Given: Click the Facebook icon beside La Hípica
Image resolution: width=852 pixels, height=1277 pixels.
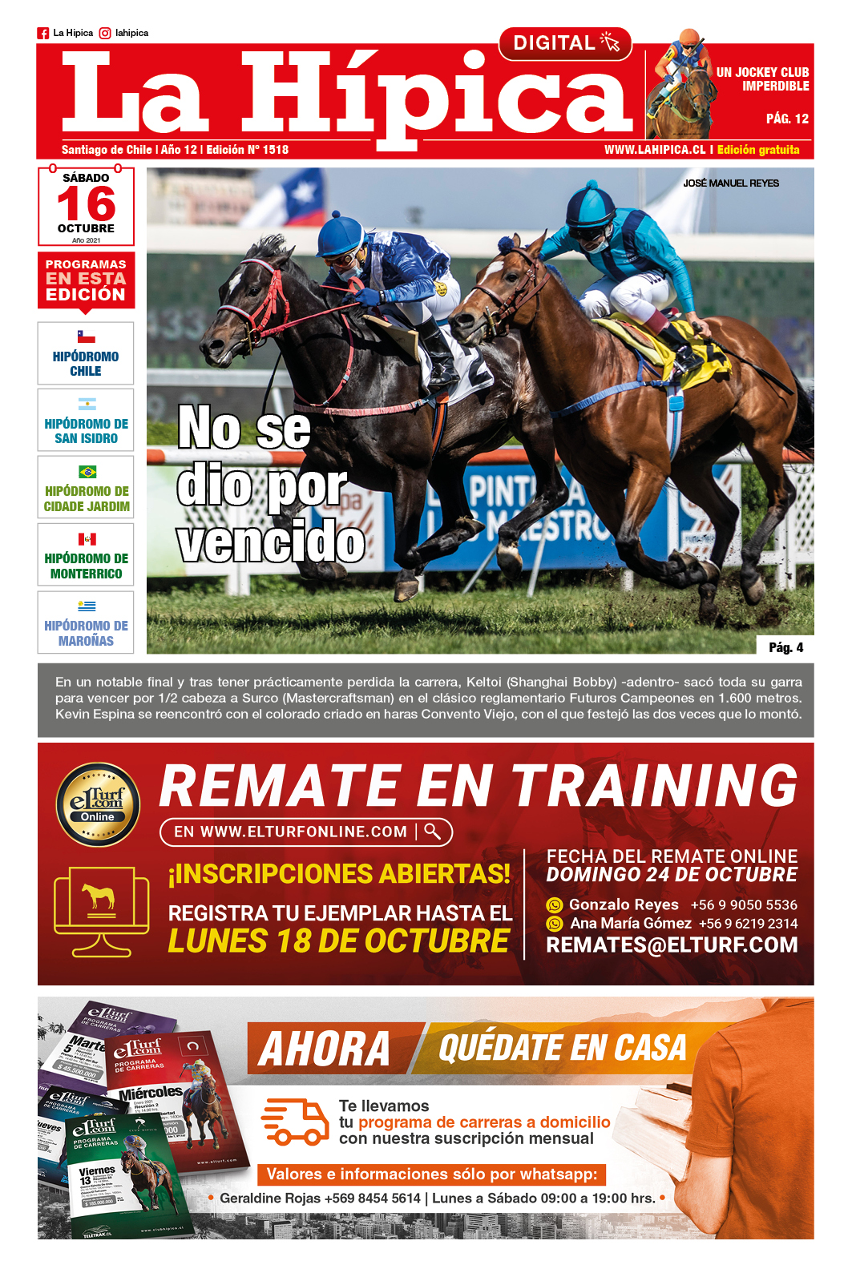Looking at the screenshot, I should coord(43,34).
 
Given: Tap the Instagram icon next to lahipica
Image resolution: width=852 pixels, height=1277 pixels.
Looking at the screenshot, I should coord(105,34).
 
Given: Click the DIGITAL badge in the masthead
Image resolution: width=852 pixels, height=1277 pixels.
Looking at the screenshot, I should coord(565,43).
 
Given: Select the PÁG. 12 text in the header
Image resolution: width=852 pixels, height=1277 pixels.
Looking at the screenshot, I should coord(787,119).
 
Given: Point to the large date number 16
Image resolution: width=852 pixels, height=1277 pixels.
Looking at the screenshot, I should coord(86,204).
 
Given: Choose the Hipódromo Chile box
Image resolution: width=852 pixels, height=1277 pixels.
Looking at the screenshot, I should coord(86,353).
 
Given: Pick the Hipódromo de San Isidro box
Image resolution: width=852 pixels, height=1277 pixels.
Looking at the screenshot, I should coord(86,421).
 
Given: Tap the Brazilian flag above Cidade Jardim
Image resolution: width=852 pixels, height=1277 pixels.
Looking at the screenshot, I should coord(87,472).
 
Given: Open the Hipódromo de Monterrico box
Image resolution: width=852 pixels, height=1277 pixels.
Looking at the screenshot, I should coord(86,555).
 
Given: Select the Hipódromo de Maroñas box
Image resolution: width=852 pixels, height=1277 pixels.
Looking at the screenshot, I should coord(86,622).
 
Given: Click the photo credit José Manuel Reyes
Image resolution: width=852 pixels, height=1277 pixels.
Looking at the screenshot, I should coord(730,183).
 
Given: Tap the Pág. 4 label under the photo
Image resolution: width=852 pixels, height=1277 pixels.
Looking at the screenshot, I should coord(785,647).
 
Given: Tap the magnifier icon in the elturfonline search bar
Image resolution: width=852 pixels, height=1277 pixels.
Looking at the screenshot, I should coord(433,832).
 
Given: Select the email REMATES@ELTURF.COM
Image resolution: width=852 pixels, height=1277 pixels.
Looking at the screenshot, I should coord(672,945).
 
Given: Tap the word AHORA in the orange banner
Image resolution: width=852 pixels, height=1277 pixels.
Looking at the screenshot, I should coord(325,1048).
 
